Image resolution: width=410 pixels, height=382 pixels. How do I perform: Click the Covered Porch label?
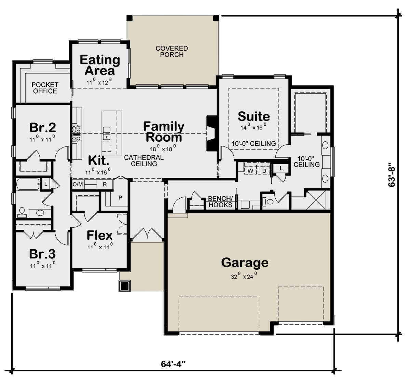(x=172, y=52)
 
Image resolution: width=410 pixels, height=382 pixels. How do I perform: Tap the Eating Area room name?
(x=100, y=65)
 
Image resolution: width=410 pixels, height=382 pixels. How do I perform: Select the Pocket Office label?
(x=45, y=88)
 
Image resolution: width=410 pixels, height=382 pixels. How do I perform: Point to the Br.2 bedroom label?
(x=42, y=127)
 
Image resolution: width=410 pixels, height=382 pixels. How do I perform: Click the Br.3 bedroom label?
(x=42, y=254)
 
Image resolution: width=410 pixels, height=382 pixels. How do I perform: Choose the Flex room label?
(x=99, y=236)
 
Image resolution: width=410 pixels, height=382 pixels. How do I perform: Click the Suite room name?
(x=254, y=116)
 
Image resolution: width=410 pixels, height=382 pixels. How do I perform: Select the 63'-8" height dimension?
(x=392, y=175)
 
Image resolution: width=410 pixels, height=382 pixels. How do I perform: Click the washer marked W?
(x=250, y=171)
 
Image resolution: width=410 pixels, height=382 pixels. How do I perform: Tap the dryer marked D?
(x=264, y=171)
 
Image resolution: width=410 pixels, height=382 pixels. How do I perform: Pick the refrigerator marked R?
(x=105, y=184)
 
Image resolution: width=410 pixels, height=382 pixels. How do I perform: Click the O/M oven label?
(x=78, y=184)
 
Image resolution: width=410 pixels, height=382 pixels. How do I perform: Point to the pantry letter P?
(x=120, y=198)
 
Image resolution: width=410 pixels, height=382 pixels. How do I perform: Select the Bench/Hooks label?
(x=220, y=202)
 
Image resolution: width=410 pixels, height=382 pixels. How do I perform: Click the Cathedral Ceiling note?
(x=144, y=160)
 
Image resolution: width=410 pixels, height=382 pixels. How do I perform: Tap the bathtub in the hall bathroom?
(x=28, y=184)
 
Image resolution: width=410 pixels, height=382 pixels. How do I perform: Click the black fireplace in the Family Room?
(x=211, y=133)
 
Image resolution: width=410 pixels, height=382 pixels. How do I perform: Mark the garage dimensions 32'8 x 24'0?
(x=244, y=276)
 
